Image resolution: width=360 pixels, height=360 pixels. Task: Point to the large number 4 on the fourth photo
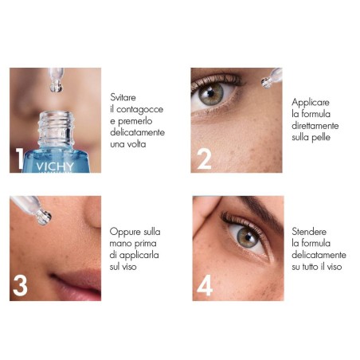[205, 285]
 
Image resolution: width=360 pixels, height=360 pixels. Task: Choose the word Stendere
[310, 231]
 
